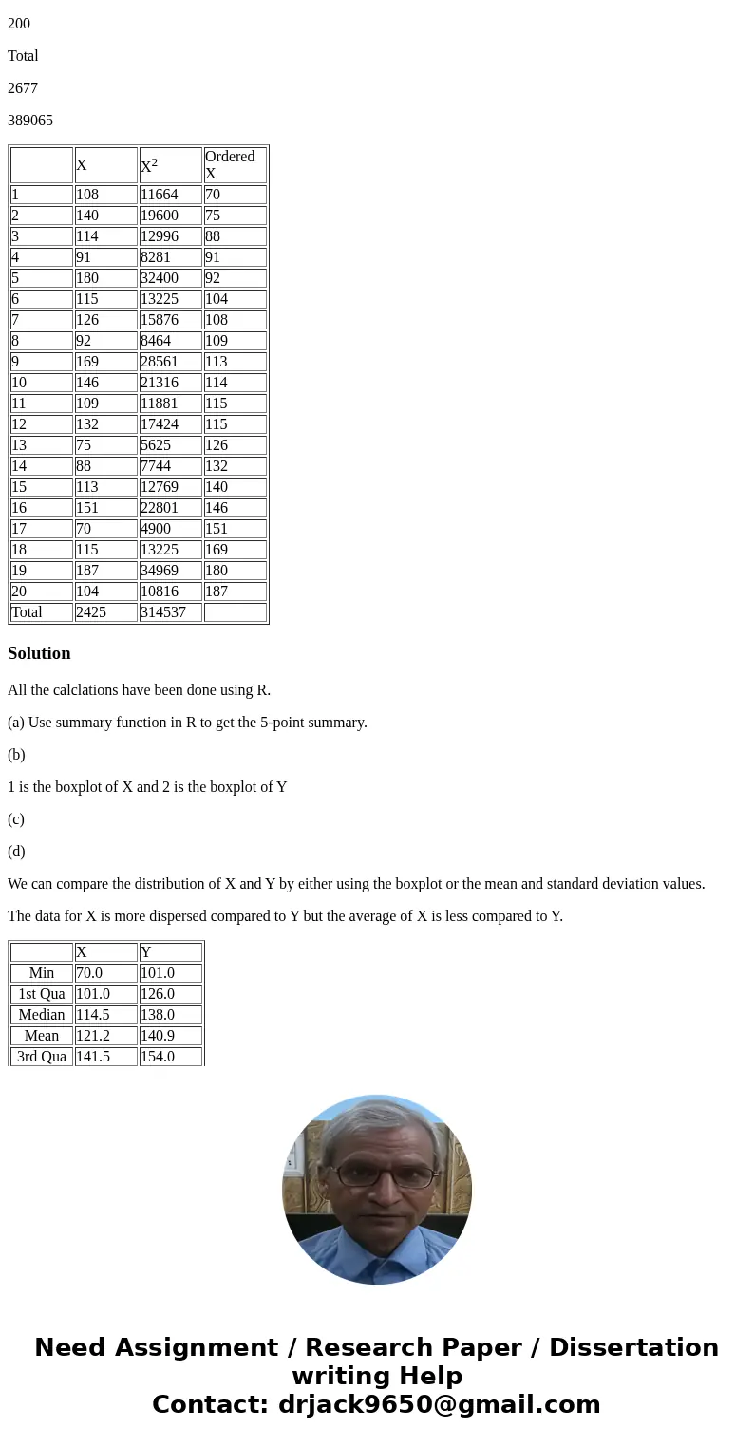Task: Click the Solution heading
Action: tap(39, 653)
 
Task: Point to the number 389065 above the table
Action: tap(30, 121)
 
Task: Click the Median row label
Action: tap(42, 1015)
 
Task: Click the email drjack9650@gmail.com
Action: tap(439, 1404)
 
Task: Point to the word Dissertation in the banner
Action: tap(633, 1347)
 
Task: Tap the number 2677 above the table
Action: tap(23, 88)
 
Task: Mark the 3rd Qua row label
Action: tap(42, 1057)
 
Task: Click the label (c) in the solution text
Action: tap(16, 819)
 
